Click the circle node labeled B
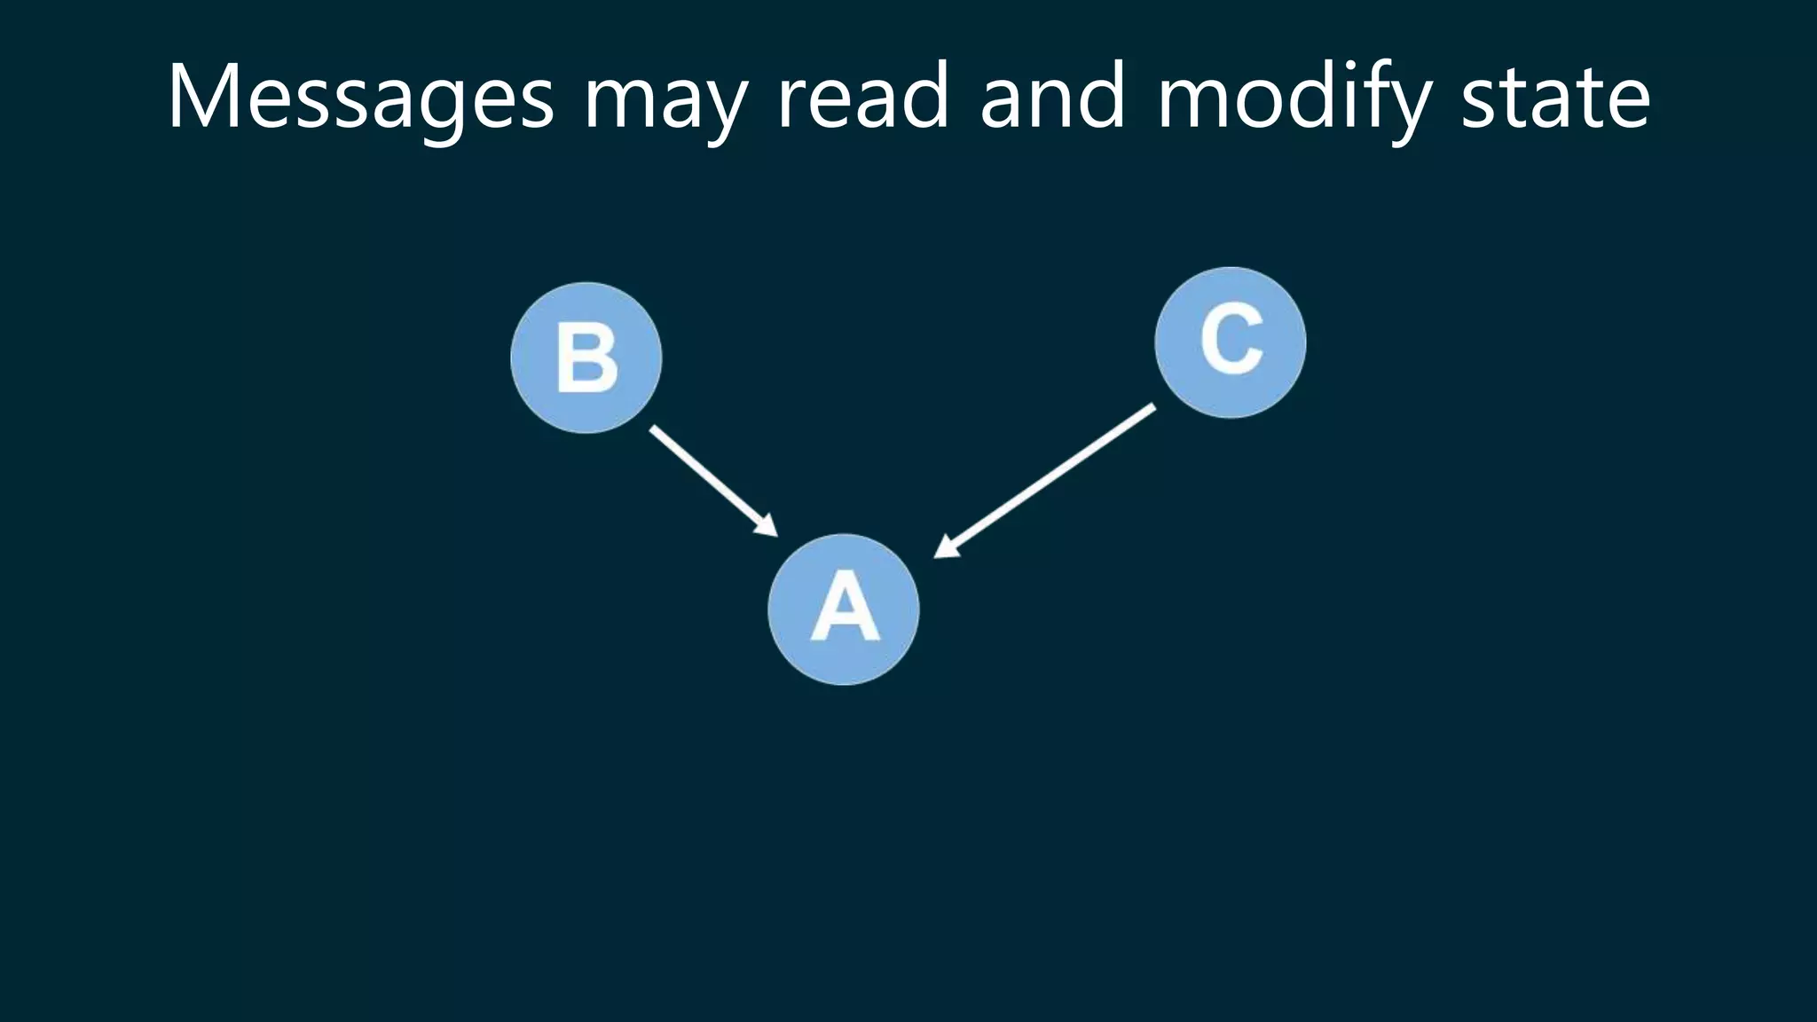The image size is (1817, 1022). tap(586, 358)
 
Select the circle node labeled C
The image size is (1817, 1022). tap(1231, 342)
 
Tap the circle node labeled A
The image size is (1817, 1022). tap(844, 609)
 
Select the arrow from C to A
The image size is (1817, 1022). tap(1047, 480)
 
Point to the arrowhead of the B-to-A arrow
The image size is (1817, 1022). tap(768, 529)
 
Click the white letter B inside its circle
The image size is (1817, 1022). tap(586, 358)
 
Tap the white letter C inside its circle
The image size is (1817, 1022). tap(1231, 339)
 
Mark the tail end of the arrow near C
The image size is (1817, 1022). tap(1152, 408)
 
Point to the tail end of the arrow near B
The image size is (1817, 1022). tap(654, 429)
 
